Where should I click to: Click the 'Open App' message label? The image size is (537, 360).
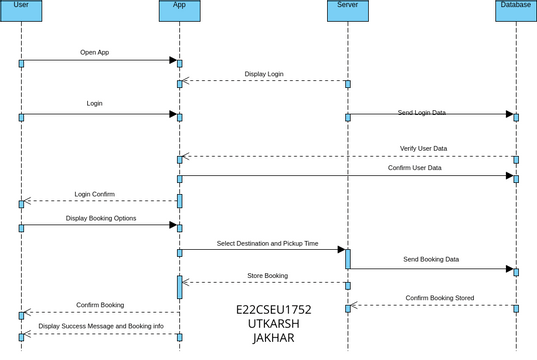pyautogui.click(x=94, y=52)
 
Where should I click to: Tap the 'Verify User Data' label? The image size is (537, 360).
pyautogui.click(x=423, y=148)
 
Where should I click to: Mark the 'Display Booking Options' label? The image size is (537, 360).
pyautogui.click(x=101, y=217)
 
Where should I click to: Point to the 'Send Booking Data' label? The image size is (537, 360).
pyautogui.click(x=431, y=259)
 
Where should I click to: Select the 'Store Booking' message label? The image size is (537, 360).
pyautogui.click(x=267, y=275)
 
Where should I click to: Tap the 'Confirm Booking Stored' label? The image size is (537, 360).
pyautogui.click(x=439, y=297)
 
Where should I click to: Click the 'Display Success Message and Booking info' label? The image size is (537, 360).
pyautogui.click(x=101, y=326)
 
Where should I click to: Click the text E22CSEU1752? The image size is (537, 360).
pyautogui.click(x=274, y=310)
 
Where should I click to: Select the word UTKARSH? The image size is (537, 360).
pyautogui.click(x=274, y=324)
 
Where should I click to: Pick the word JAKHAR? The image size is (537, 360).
pyautogui.click(x=274, y=339)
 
